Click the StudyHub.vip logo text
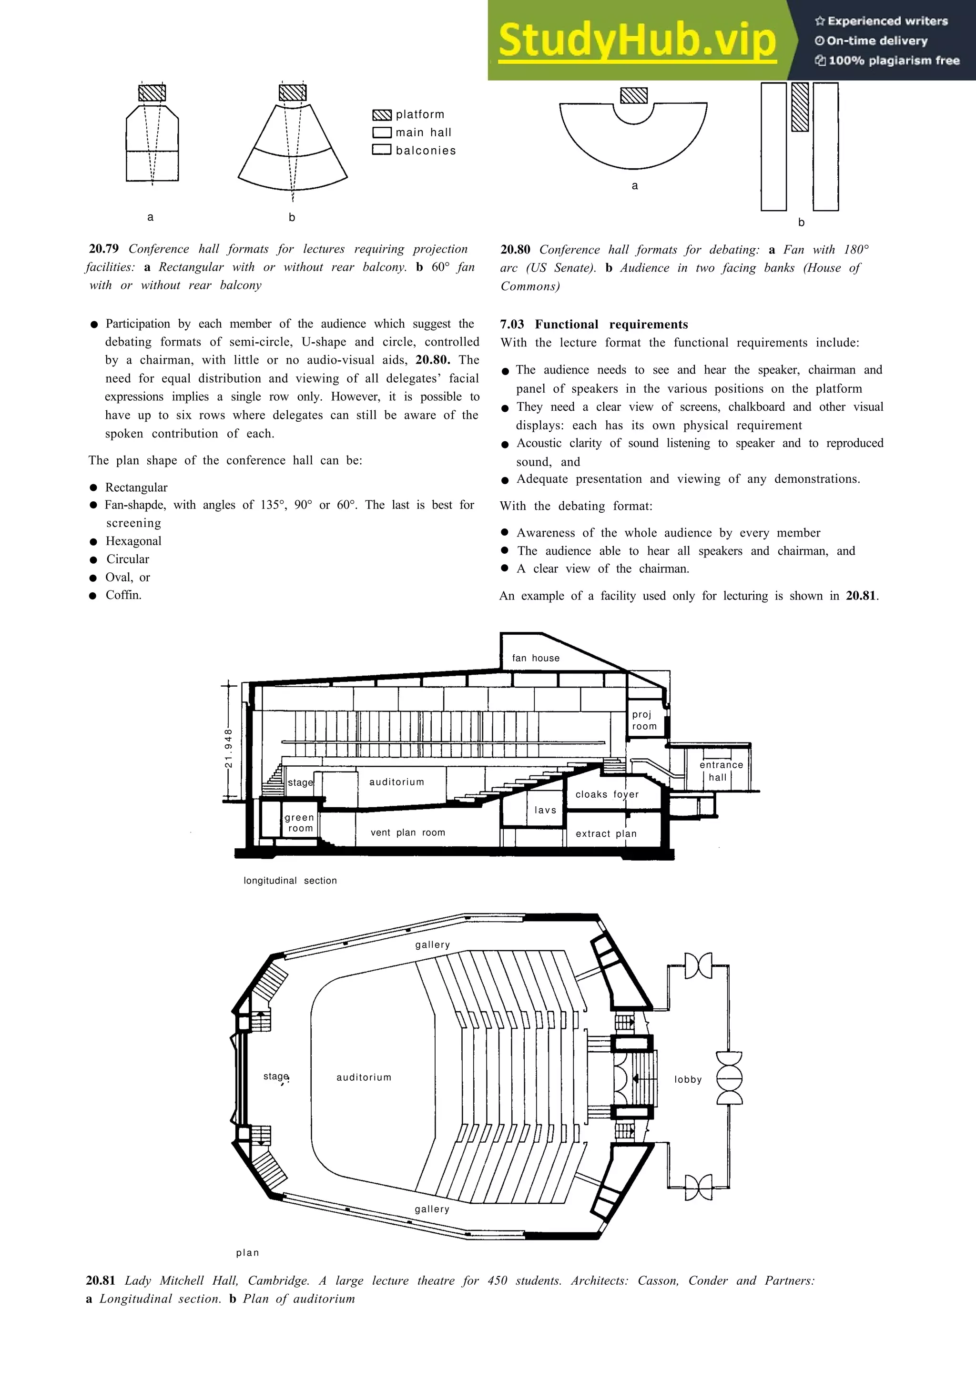(637, 41)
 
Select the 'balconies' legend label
(426, 151)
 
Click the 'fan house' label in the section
(535, 658)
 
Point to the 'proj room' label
(643, 720)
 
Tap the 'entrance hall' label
(721, 771)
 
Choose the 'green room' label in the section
(299, 822)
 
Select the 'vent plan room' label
(408, 833)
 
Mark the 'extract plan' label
(606, 833)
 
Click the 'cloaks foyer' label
(607, 794)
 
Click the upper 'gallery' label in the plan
(432, 944)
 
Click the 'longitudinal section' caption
(290, 881)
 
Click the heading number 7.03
(511, 324)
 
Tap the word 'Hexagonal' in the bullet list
(133, 541)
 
